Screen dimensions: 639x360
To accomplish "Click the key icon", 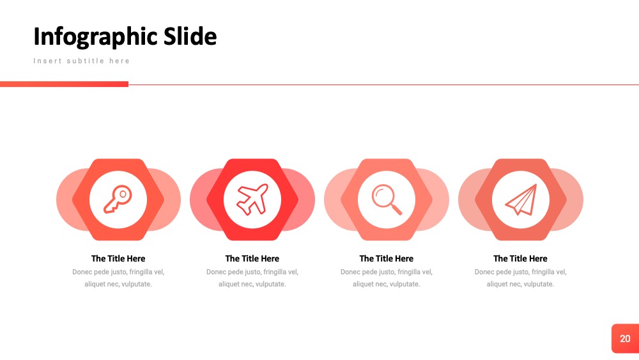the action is click(x=118, y=200).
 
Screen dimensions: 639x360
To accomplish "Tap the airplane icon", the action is click(x=252, y=200).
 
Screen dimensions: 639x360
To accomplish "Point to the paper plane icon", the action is click(x=521, y=200).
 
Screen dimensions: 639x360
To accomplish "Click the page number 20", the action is click(x=625, y=339).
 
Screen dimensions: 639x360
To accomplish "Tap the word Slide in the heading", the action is click(x=190, y=36).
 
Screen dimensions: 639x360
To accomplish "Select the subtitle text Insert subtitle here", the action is click(x=82, y=61).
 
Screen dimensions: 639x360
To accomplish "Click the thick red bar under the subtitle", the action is click(x=64, y=84).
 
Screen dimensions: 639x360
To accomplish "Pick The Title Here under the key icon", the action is click(x=118, y=258).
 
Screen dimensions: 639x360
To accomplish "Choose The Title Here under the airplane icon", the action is click(x=252, y=258).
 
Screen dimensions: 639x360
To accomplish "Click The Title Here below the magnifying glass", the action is click(x=387, y=258).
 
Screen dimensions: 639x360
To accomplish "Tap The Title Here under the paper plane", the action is click(x=520, y=258).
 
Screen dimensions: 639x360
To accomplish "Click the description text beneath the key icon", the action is click(x=118, y=278).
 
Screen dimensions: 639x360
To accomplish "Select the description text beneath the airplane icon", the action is click(x=252, y=278).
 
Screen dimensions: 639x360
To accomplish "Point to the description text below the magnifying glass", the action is click(x=387, y=278).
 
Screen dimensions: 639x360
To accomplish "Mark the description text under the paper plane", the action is click(x=520, y=278).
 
